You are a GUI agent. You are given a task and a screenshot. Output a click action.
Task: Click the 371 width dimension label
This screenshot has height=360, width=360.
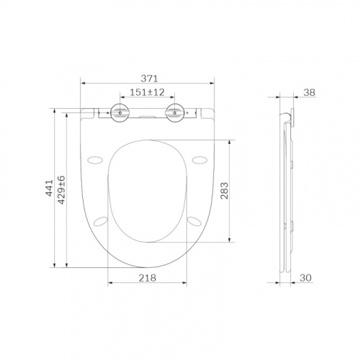149,78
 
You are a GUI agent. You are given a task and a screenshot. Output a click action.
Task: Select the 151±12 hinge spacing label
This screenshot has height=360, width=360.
147,92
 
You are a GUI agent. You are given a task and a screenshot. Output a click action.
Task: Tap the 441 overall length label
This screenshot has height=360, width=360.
50,188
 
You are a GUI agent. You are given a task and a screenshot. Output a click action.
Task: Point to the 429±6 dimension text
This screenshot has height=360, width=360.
62,190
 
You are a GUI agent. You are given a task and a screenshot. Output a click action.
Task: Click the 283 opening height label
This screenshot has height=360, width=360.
225,191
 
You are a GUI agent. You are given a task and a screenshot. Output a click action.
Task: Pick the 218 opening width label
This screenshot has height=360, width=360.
148,278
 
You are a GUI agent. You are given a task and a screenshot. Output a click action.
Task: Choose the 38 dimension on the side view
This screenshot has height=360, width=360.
309,92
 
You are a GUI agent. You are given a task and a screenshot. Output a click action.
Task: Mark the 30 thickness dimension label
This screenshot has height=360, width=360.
306,278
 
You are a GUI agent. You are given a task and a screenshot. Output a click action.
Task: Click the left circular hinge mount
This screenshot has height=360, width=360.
120,112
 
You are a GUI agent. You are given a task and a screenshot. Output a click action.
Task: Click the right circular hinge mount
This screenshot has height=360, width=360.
175,112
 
